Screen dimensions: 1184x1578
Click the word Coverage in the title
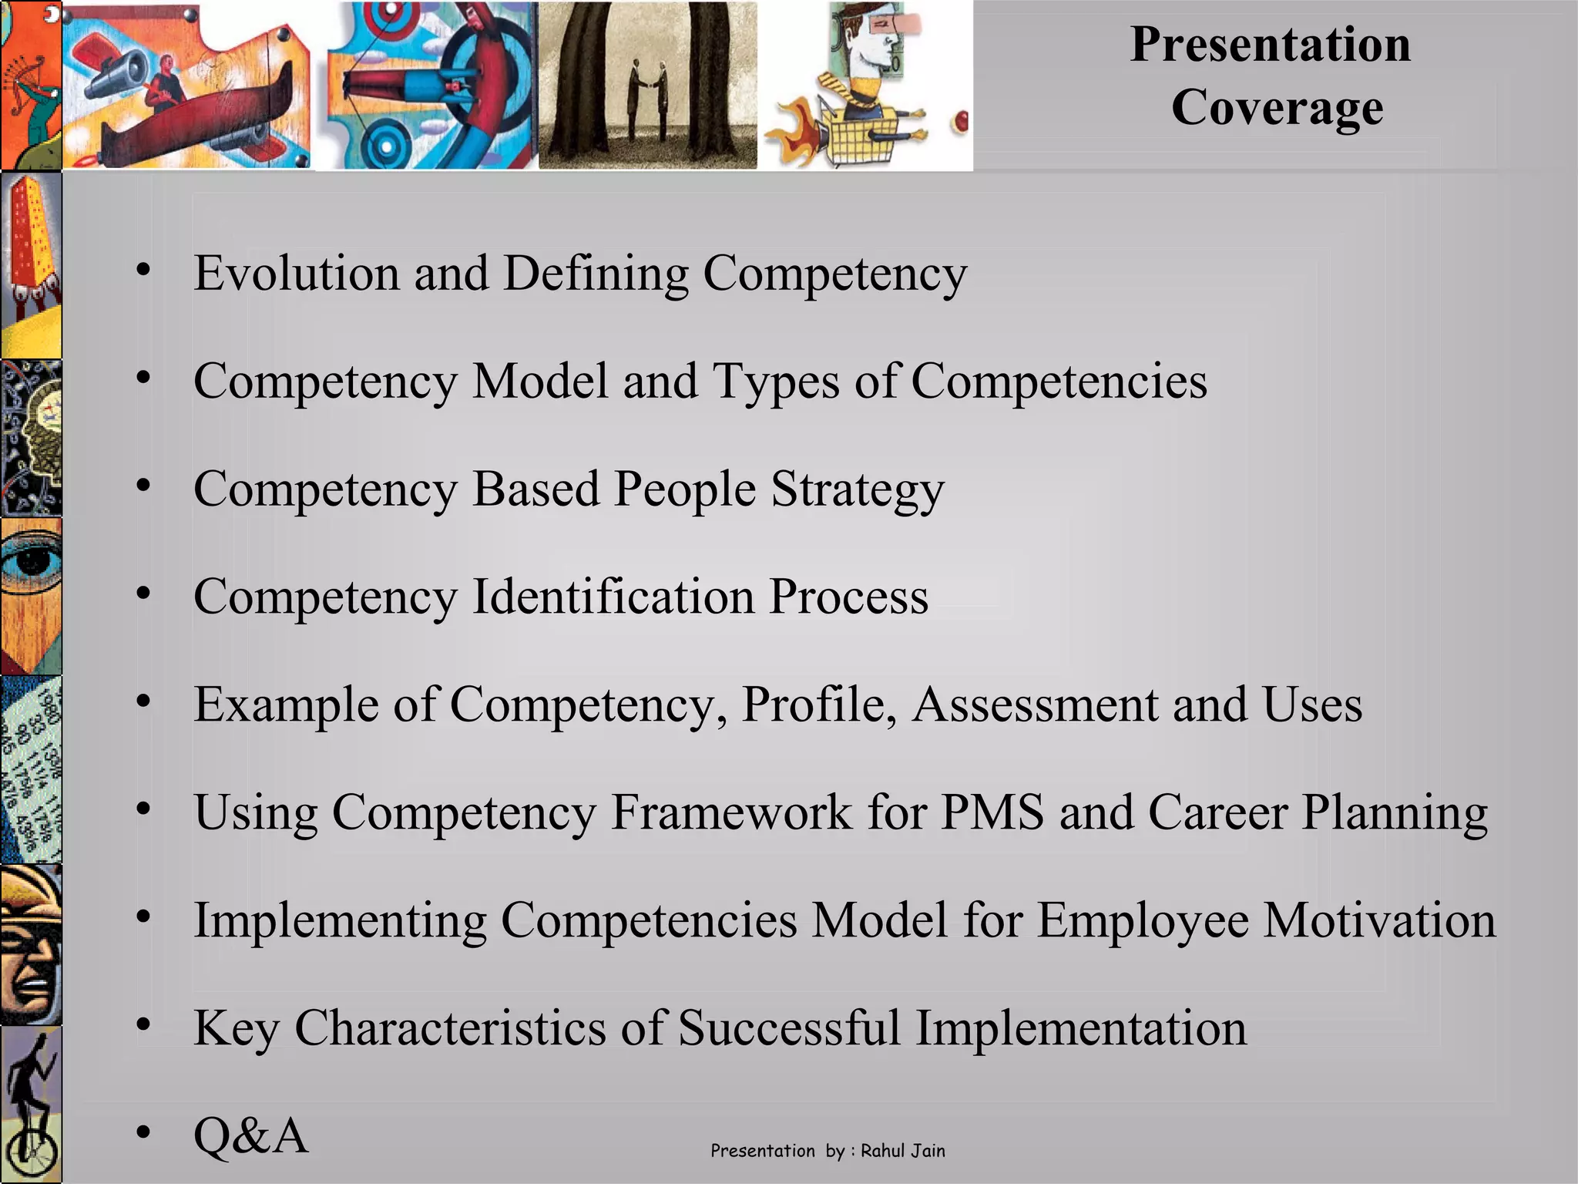pos(1277,108)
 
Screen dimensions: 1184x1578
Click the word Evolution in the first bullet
pos(297,274)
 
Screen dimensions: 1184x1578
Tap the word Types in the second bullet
pos(776,382)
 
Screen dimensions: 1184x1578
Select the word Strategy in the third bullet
pos(858,490)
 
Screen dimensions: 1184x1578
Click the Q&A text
pos(250,1136)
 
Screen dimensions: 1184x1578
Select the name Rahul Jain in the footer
pos(902,1151)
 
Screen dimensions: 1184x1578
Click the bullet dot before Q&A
pos(143,1132)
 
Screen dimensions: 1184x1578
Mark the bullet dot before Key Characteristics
pos(143,1024)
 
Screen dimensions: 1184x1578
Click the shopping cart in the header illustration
pos(859,139)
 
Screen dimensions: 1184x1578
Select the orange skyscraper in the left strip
pos(31,239)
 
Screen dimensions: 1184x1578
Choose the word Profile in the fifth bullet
pos(818,705)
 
